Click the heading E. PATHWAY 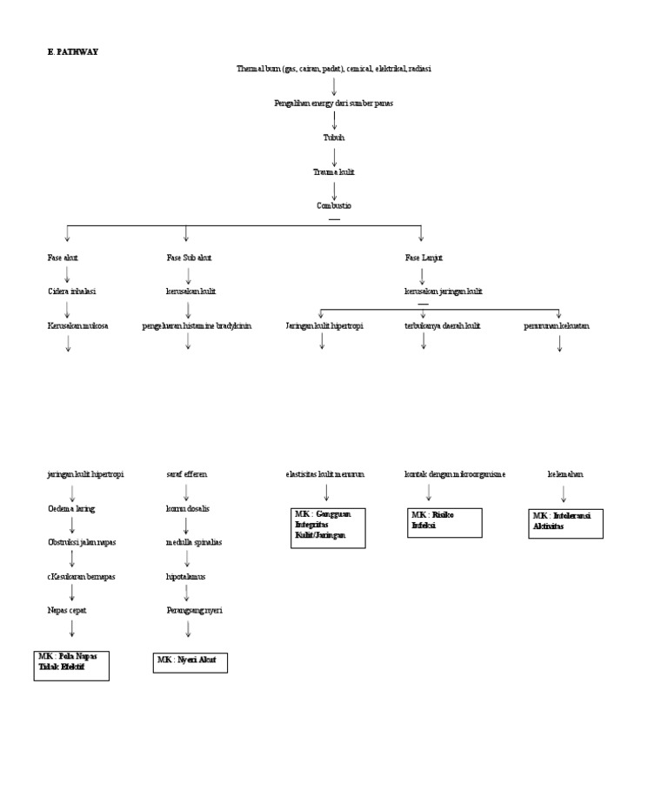click(x=73, y=52)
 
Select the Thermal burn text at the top click(x=333, y=69)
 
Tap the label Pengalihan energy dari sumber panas click(x=333, y=104)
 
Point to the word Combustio click(x=334, y=206)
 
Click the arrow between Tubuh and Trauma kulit click(x=334, y=155)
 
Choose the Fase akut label click(x=63, y=258)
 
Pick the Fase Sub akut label click(x=189, y=258)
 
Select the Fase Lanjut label click(x=424, y=258)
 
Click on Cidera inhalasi click(x=71, y=292)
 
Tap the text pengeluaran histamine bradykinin click(x=197, y=325)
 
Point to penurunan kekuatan click(x=557, y=325)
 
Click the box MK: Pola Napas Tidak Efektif click(x=71, y=665)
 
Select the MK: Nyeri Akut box click(x=190, y=662)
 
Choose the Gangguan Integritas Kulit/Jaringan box click(x=328, y=528)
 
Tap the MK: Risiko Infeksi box click(x=444, y=523)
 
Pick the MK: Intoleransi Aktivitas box click(x=565, y=524)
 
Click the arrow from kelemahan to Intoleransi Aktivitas click(x=564, y=494)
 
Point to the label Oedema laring click(x=71, y=508)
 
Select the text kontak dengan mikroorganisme click(x=455, y=474)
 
